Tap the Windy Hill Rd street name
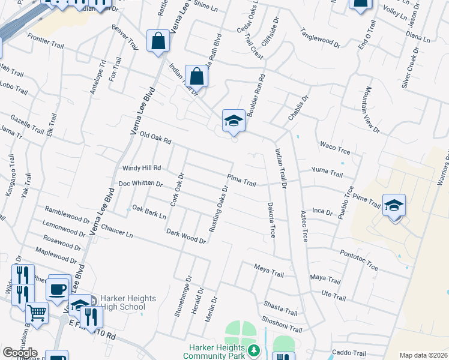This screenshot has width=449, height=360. (x=142, y=169)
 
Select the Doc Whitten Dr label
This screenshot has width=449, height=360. (x=140, y=184)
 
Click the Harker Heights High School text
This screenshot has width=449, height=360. (x=128, y=302)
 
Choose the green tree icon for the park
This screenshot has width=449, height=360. (x=255, y=350)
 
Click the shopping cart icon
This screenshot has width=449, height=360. (x=37, y=312)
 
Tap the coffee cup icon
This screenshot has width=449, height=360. (x=58, y=289)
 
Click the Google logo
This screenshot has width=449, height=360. (x=20, y=353)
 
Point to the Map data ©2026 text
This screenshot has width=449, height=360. (x=423, y=355)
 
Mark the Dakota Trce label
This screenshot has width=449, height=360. (x=271, y=219)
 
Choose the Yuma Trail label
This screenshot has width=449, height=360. (x=327, y=173)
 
